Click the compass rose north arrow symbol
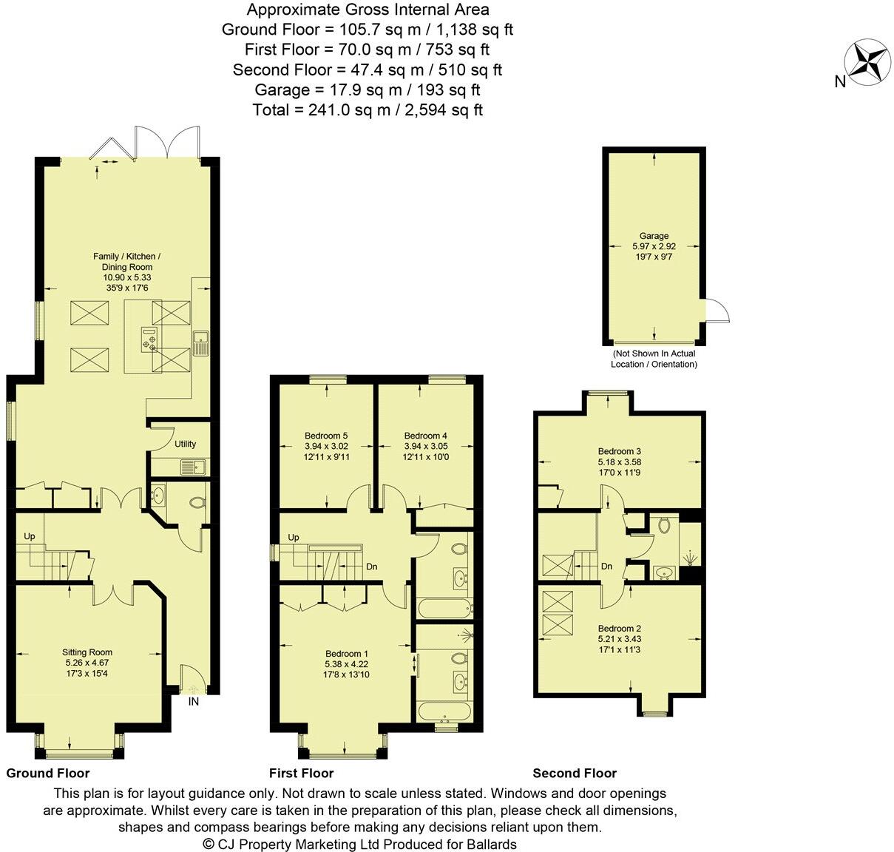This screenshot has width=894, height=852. [867, 62]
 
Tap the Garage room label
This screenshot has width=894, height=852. [654, 236]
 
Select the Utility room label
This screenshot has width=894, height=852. [185, 444]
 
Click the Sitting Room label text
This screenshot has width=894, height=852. [87, 652]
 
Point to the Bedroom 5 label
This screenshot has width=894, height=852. [326, 436]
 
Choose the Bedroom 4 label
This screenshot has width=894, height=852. [426, 436]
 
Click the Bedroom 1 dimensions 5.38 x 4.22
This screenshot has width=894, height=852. [347, 664]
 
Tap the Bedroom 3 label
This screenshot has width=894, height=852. [619, 451]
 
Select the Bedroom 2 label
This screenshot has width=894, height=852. [619, 628]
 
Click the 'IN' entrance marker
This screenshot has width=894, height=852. [194, 701]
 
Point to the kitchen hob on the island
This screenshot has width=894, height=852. [151, 341]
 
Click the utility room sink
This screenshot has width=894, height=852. [196, 467]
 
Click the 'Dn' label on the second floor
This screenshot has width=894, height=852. [606, 567]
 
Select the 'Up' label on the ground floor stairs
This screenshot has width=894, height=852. [30, 536]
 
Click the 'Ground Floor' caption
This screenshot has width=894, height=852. [48, 773]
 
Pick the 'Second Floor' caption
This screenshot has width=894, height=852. [575, 773]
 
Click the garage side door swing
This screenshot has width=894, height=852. [715, 311]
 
